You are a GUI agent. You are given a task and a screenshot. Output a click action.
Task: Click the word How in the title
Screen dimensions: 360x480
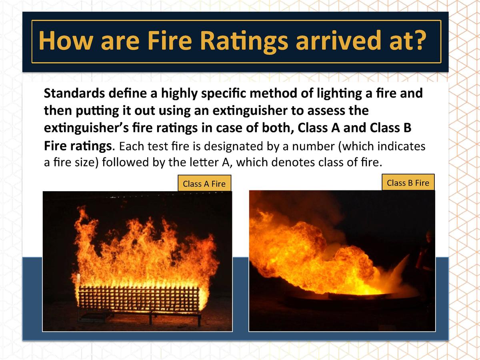click(x=66, y=41)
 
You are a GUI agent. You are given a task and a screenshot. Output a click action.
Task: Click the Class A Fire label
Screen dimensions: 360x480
click(x=204, y=184)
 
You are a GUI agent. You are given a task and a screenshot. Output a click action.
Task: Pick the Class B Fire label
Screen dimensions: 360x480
click(x=408, y=183)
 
